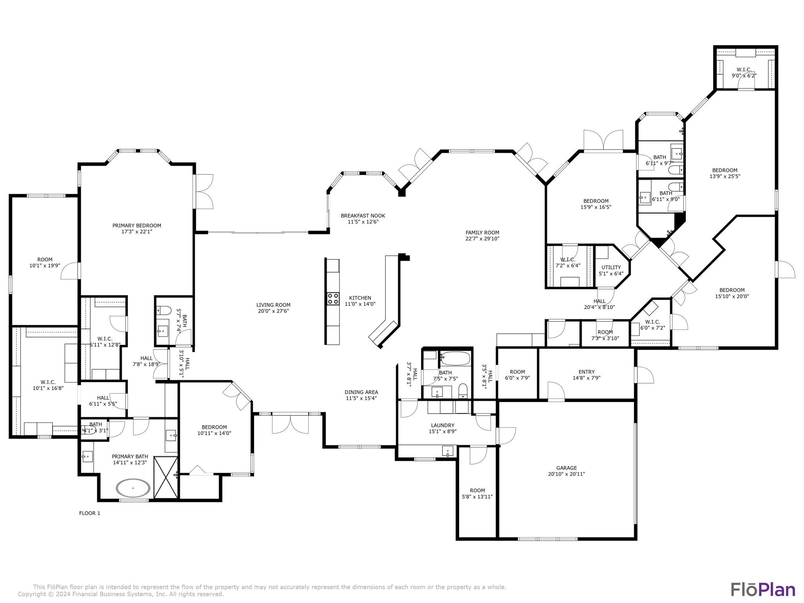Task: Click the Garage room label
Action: (566, 468)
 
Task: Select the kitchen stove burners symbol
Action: (333, 298)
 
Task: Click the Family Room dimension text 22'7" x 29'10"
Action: (482, 239)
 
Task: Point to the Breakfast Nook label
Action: (363, 216)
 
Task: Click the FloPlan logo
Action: (763, 590)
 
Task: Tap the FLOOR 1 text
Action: (90, 513)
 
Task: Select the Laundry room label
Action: (442, 425)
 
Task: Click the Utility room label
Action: (611, 267)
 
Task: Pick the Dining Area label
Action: (361, 392)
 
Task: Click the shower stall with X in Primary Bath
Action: (166, 477)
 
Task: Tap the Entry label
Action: (587, 372)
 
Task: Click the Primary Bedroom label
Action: (137, 225)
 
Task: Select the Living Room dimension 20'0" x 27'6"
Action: (273, 311)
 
